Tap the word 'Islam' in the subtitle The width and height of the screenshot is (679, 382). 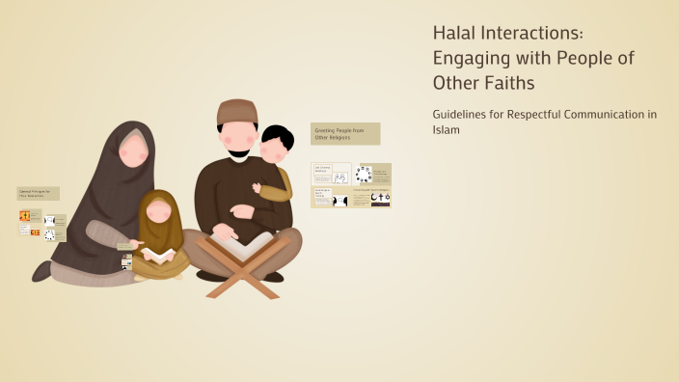tap(447, 129)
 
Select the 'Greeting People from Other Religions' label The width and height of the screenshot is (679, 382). tap(345, 133)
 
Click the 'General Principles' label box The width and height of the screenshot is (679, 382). tap(38, 193)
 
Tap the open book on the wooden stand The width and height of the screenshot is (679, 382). tap(236, 245)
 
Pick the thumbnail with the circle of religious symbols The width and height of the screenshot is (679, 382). tap(364, 174)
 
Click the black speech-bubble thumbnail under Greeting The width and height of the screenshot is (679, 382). tap(340, 201)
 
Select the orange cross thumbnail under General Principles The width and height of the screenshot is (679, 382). tap(24, 216)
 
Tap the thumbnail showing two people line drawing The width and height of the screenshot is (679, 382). tap(339, 177)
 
